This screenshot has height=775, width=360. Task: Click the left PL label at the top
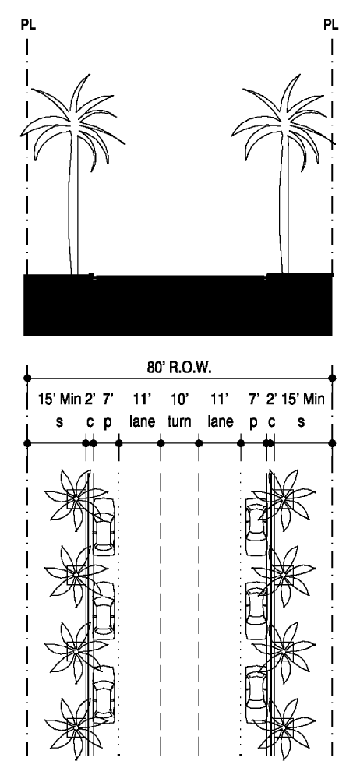[28, 25]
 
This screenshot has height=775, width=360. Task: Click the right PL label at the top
[331, 25]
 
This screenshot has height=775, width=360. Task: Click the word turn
[179, 422]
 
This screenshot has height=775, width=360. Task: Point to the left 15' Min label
[60, 399]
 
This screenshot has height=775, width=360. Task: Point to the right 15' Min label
[302, 399]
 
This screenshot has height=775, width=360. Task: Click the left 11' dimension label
[142, 399]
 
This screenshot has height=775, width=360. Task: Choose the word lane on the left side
[143, 422]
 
